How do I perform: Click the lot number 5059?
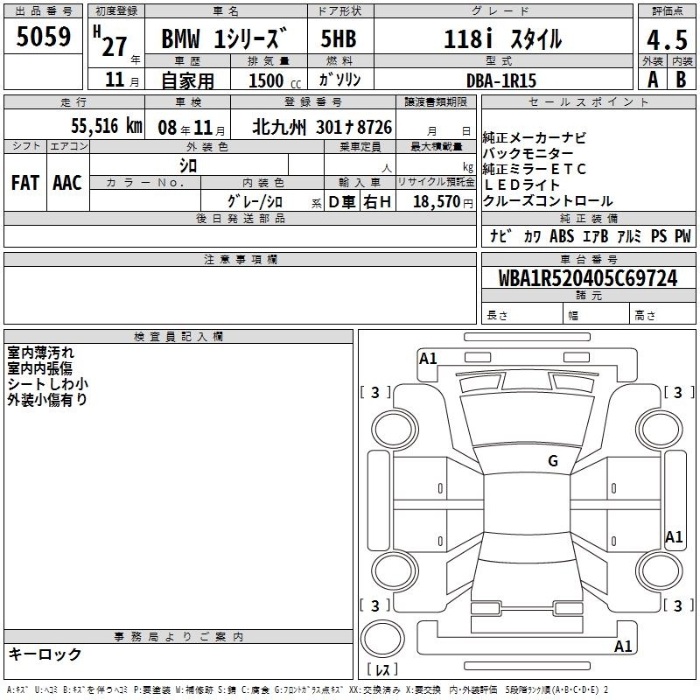(x=43, y=37)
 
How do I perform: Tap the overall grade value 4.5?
(x=667, y=40)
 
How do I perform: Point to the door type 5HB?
(x=339, y=38)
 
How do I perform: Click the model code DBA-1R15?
(x=500, y=80)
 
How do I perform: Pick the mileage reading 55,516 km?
(x=107, y=126)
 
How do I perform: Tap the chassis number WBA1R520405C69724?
(x=588, y=278)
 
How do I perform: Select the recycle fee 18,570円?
(x=443, y=202)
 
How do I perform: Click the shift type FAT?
(x=25, y=183)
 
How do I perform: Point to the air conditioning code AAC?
(x=67, y=183)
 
